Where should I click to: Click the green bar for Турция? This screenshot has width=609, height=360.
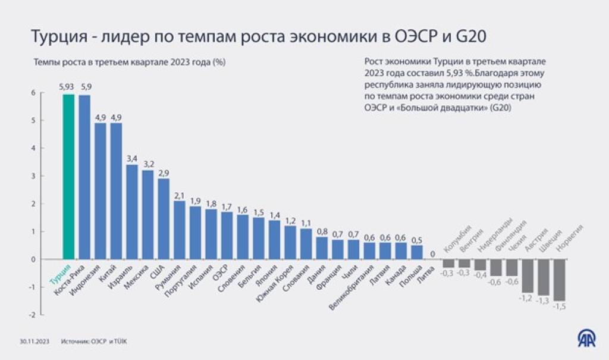[68, 177]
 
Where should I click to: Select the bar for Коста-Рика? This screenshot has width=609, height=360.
[84, 177]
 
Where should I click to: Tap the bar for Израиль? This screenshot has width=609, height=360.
[132, 212]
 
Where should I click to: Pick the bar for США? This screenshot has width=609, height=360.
[164, 219]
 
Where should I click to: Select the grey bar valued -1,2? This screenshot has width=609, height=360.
[527, 276]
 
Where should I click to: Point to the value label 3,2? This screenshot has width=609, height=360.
[147, 164]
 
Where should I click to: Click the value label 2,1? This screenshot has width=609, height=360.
[179, 195]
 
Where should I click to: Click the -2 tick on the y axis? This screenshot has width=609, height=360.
[25, 315]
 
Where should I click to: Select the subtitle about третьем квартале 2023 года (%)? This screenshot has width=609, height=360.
[131, 62]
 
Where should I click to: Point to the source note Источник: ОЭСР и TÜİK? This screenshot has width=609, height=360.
[94, 342]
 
